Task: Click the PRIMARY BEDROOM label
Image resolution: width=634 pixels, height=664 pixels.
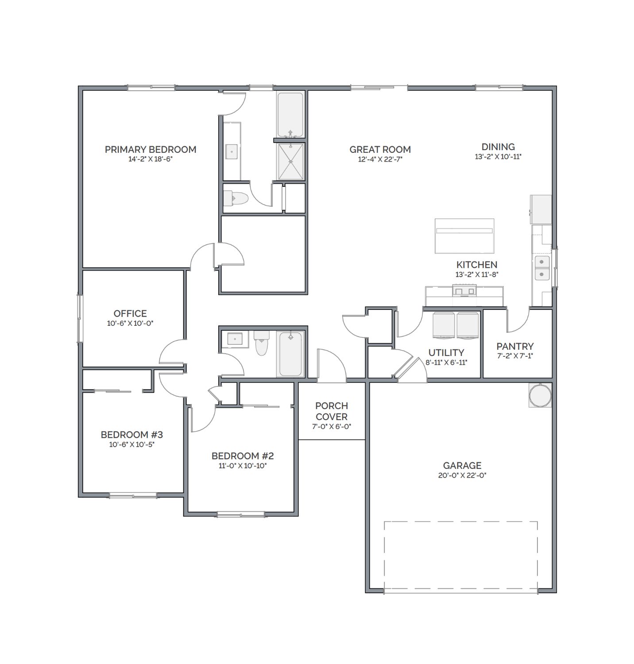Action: point(151,150)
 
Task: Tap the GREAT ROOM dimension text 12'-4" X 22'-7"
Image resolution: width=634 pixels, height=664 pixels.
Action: point(380,159)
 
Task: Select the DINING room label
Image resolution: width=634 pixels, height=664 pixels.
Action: point(498,147)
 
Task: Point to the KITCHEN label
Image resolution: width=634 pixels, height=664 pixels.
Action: point(477,265)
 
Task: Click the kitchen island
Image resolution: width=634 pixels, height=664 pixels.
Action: point(464,236)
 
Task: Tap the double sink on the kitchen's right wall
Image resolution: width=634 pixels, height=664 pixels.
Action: point(542,268)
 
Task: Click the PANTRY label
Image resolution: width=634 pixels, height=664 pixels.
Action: point(515,346)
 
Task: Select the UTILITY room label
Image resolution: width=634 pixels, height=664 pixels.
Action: point(446,353)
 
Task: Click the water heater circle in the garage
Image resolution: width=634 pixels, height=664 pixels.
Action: point(540,395)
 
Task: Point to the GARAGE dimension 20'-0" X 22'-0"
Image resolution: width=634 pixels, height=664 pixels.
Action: point(462,475)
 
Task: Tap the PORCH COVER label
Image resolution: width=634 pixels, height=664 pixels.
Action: point(332,411)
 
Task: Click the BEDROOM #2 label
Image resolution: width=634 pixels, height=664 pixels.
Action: point(243,456)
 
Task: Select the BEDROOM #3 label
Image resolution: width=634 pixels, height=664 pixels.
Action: point(132,435)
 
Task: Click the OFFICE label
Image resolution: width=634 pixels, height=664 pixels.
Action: point(130,313)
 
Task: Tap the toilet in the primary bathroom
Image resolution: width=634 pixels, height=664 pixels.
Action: point(235,198)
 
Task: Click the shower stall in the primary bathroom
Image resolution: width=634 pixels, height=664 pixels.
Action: point(290,162)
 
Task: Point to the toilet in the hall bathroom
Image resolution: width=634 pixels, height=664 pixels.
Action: point(261,343)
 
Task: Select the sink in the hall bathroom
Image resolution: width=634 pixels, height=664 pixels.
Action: point(235,339)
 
